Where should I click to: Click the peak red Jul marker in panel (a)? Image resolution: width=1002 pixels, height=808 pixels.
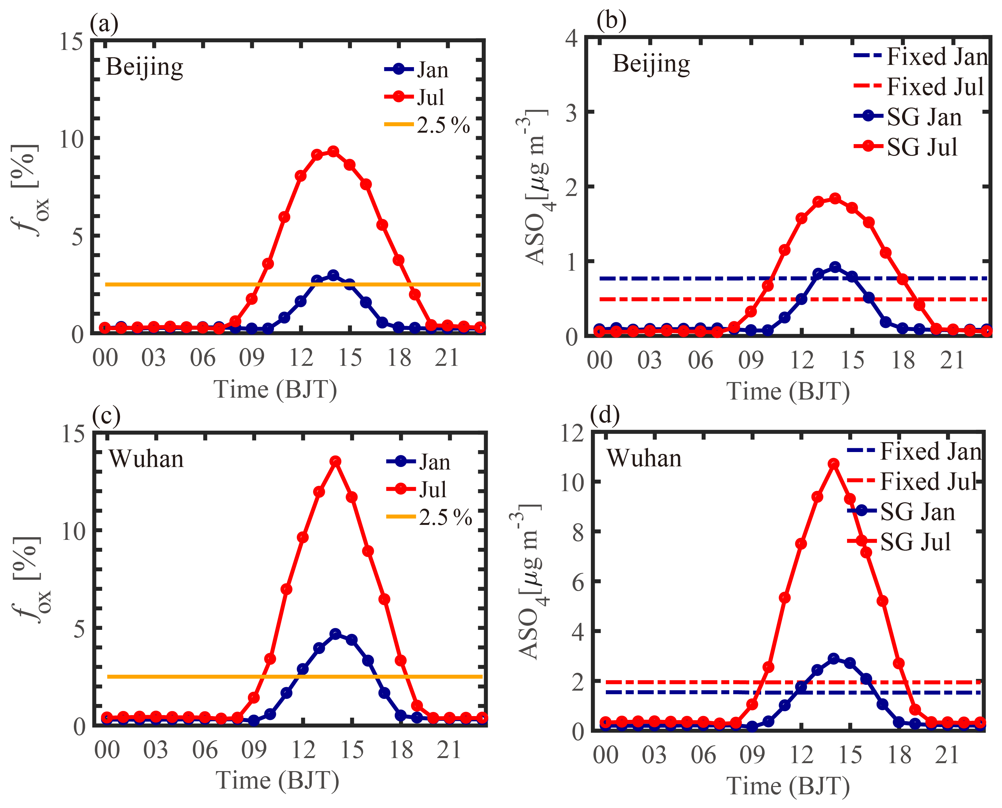tap(333, 151)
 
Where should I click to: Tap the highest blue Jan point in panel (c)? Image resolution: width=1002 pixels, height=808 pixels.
tap(335, 634)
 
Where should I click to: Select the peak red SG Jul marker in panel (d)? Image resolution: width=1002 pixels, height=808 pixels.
tap(833, 463)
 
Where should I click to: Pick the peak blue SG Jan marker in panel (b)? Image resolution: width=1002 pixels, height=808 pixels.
tap(835, 267)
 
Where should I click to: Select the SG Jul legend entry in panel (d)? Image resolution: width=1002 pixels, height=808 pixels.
tap(899, 541)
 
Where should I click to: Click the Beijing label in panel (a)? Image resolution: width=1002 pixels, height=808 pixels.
tap(144, 67)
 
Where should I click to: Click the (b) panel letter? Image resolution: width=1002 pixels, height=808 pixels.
tap(611, 21)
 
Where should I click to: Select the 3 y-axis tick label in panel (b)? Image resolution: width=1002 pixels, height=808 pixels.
tap(572, 113)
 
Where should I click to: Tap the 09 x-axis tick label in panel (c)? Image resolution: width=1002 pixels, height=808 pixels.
tap(254, 750)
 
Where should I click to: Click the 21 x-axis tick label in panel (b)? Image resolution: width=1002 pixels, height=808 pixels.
tap(952, 361)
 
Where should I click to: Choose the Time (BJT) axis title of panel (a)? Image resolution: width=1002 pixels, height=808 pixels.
tap(275, 390)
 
